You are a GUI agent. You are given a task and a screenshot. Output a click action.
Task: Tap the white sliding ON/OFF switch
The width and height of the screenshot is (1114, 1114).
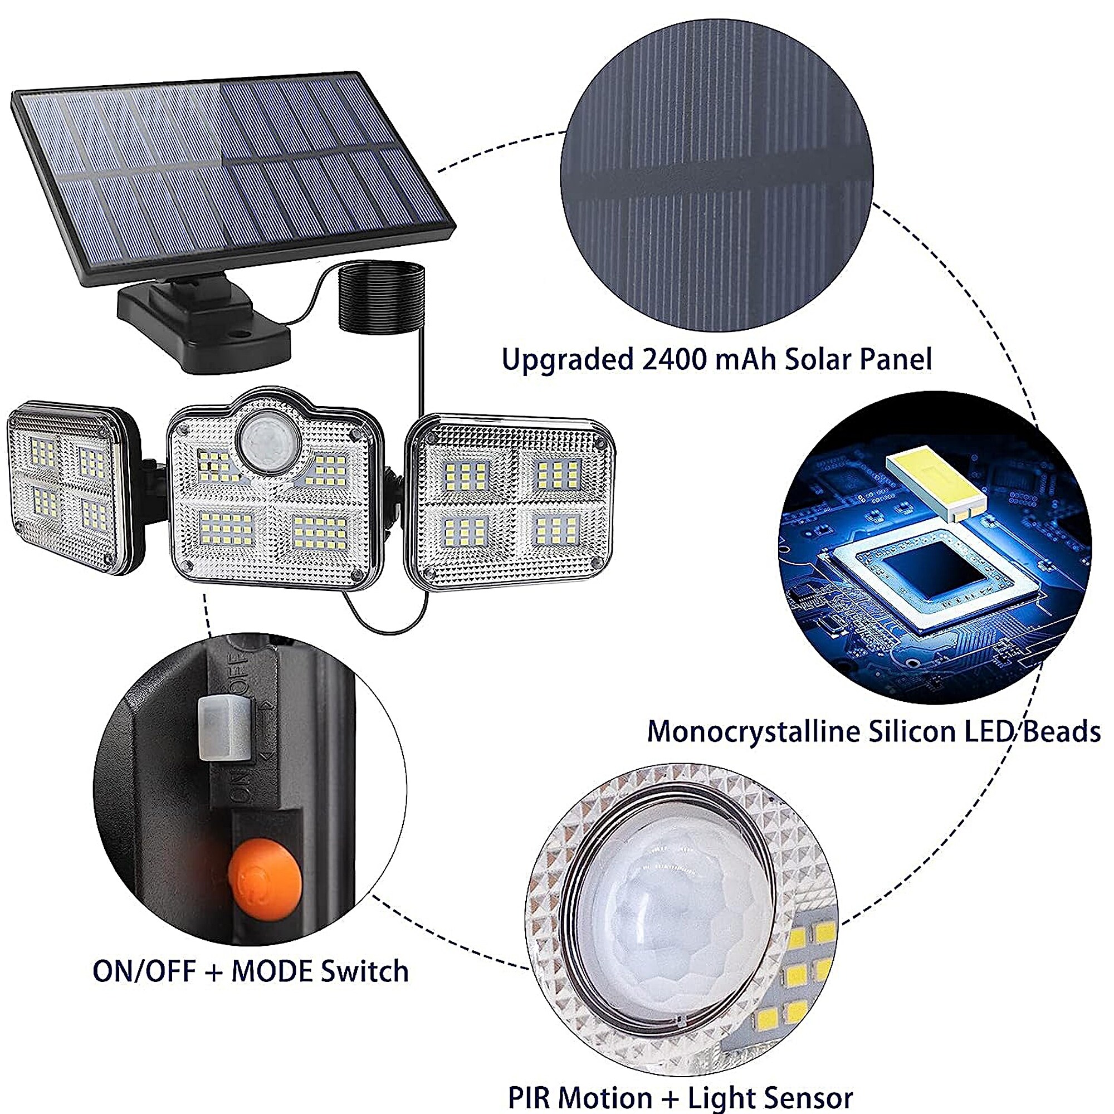point(224,728)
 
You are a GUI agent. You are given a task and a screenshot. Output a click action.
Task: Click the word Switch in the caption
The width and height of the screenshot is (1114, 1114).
point(364,971)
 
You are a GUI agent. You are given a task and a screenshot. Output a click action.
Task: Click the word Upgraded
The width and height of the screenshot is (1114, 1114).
point(568,360)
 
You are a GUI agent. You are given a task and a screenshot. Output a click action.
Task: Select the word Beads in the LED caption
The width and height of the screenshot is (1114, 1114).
point(1061,732)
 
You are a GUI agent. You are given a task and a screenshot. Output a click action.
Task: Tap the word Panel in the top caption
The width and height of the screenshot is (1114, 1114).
point(895,360)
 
